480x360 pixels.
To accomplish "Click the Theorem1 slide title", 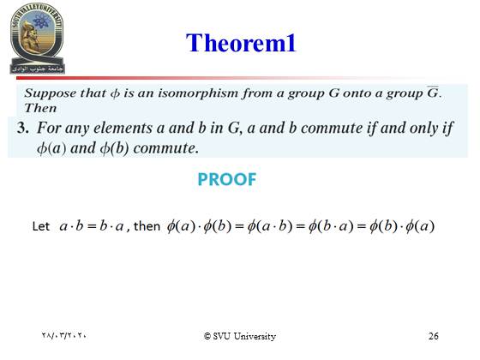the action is tap(241, 43).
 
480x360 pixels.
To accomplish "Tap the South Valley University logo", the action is tap(37, 39).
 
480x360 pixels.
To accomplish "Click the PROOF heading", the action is tap(227, 179).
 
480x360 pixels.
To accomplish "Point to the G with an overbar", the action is tap(433, 92).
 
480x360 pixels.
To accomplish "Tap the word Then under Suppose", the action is tap(40, 108).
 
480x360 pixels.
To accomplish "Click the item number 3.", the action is tap(23, 128).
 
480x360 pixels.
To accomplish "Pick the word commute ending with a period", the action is tap(166, 148).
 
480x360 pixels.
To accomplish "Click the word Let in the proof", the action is tap(41, 226).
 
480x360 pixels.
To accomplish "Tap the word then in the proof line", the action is tap(147, 226).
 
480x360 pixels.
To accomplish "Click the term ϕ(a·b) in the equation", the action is tap(270, 226).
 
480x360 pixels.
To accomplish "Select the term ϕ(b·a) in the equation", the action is tap(331, 226).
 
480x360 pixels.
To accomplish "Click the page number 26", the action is tap(434, 336).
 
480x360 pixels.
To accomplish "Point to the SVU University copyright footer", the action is tap(240, 336).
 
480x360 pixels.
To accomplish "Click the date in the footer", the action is tap(63, 335).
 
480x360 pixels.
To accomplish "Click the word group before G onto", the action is tap(306, 93).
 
